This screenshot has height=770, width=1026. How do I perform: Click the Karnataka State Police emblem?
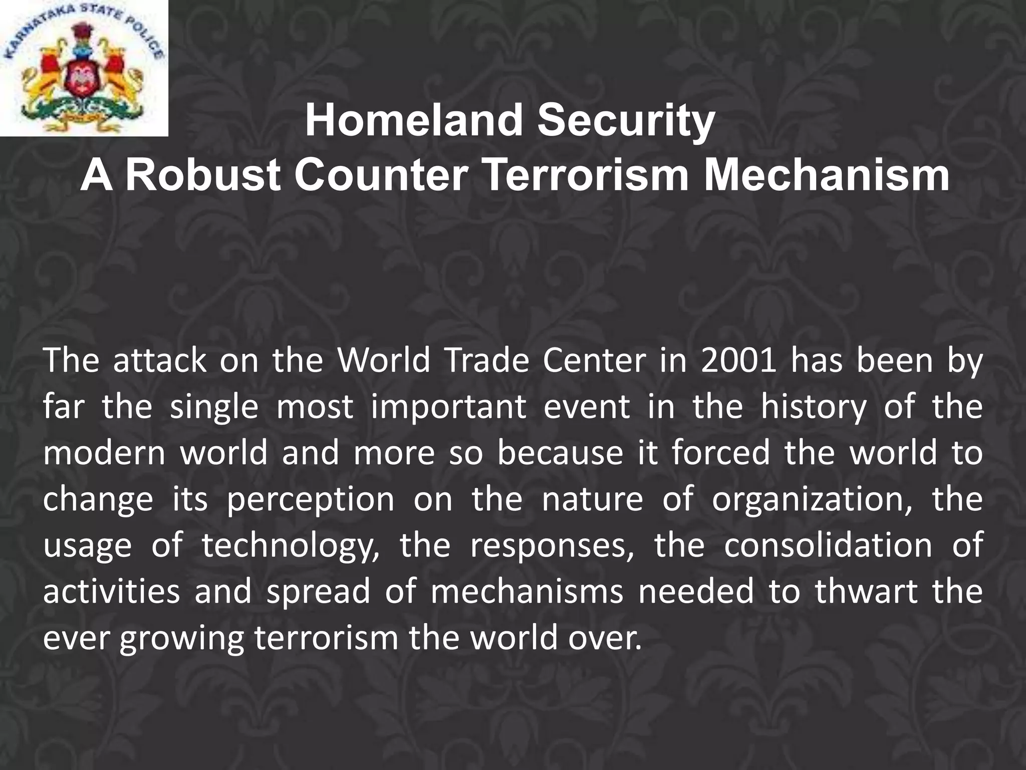(84, 68)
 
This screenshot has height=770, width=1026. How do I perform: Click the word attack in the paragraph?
(160, 360)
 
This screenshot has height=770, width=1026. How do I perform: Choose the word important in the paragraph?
(449, 407)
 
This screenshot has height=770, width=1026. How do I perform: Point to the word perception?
(311, 500)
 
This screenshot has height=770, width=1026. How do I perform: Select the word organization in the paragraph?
(814, 500)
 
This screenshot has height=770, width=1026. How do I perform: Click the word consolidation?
(828, 546)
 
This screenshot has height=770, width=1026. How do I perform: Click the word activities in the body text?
(111, 592)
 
